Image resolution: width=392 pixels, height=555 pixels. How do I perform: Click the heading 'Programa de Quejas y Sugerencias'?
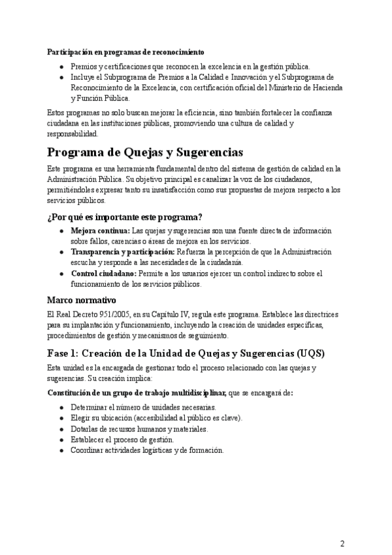coord(145,152)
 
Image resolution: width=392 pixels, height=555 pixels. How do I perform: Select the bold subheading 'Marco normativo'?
coord(82,300)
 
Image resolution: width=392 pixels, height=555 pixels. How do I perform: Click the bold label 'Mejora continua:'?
coord(100,230)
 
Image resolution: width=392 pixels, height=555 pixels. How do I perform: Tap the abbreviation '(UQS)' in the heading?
coord(309,353)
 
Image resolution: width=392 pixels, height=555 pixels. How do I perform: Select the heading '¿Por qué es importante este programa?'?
coord(125,217)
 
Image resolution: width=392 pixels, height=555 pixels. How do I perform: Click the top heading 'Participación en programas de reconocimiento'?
coord(125,52)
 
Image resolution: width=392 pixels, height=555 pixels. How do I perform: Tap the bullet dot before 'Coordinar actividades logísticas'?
coord(61,450)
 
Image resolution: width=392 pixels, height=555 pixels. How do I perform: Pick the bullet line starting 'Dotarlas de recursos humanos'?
coord(139,429)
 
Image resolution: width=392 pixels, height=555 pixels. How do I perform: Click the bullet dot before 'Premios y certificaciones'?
coord(61,67)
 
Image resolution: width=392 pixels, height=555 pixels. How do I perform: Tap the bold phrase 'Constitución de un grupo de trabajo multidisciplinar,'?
coord(137,393)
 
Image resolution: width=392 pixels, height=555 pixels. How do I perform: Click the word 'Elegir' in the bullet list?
coord(80,418)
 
